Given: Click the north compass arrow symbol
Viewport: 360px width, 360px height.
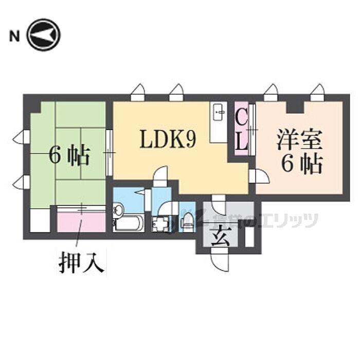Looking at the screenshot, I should pyautogui.click(x=44, y=35).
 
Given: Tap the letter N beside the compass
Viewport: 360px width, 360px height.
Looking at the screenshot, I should pyautogui.click(x=14, y=35).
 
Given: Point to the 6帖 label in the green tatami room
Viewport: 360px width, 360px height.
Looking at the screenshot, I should pyautogui.click(x=69, y=155).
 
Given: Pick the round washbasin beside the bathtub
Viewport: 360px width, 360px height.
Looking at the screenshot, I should pyautogui.click(x=119, y=210).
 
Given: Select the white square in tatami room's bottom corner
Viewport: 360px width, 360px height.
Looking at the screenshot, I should pyautogui.click(x=40, y=220).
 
